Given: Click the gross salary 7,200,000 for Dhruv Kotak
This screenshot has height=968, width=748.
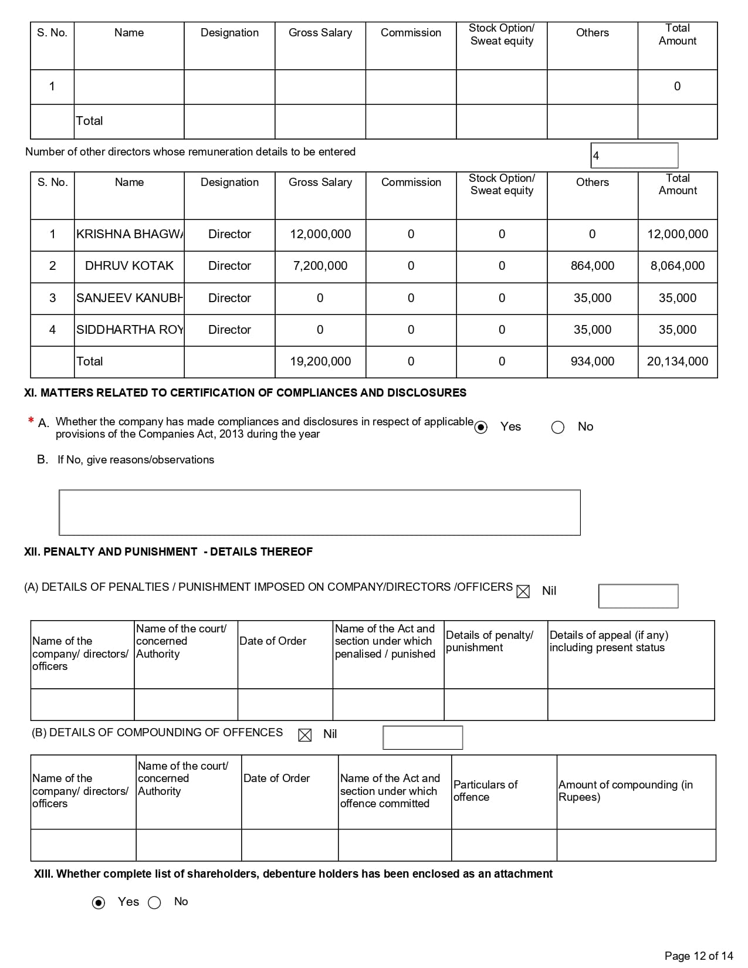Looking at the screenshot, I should pos(320,266).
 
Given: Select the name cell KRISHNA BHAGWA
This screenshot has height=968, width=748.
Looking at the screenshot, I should pos(129,234).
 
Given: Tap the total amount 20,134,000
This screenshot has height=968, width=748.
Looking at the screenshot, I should pos(677,361).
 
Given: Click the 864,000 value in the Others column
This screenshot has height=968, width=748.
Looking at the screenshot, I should pos(592,266).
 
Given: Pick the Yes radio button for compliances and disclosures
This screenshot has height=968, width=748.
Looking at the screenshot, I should pos(481,427).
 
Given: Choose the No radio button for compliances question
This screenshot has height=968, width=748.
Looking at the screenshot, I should pos(558,427).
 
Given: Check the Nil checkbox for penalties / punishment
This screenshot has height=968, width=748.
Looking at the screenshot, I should pos(523,591).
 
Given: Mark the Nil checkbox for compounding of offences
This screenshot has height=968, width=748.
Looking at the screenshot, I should pos(305,735).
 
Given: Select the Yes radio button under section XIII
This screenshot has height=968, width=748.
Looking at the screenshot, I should pos(99,903).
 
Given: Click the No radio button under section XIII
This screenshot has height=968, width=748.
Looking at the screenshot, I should pos(154,903).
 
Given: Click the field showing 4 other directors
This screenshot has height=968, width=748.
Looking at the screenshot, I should pos(634,155).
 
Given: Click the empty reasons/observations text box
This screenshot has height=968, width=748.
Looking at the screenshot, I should pos(320,512).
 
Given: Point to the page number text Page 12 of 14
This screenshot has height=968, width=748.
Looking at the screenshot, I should pos(699,956).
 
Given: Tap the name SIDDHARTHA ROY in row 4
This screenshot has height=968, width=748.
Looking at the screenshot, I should pos(129,330).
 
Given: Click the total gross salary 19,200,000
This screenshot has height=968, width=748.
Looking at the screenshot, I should pos(320,361).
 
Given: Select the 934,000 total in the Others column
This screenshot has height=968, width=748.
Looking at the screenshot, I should pos(592,361).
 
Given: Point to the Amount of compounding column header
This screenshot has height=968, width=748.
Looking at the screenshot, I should pos(625,791).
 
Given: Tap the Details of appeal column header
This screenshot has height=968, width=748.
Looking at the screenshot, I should pos(608,641).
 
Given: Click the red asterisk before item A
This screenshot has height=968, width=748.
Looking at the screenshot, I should pos(31,420).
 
